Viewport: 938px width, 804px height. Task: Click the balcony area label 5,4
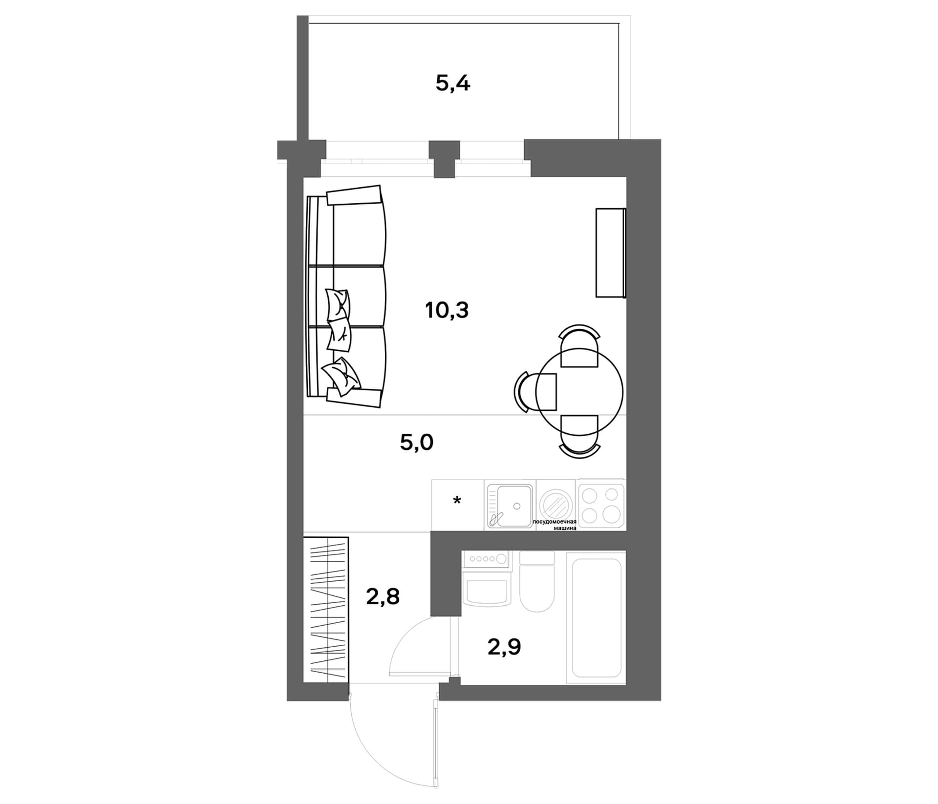(x=453, y=84)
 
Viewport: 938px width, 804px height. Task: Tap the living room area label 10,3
(x=447, y=310)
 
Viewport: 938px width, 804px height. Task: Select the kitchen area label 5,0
(x=417, y=443)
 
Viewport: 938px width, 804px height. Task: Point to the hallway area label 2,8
(x=383, y=596)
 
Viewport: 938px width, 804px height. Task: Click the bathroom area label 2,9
(x=505, y=647)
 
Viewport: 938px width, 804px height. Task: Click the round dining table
(x=579, y=391)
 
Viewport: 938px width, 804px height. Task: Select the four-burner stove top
(x=601, y=504)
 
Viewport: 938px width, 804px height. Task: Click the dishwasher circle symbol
(x=557, y=504)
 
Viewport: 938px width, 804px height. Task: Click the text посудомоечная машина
(x=554, y=525)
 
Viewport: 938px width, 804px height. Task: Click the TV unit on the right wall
(x=611, y=253)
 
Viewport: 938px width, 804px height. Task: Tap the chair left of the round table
(x=535, y=392)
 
